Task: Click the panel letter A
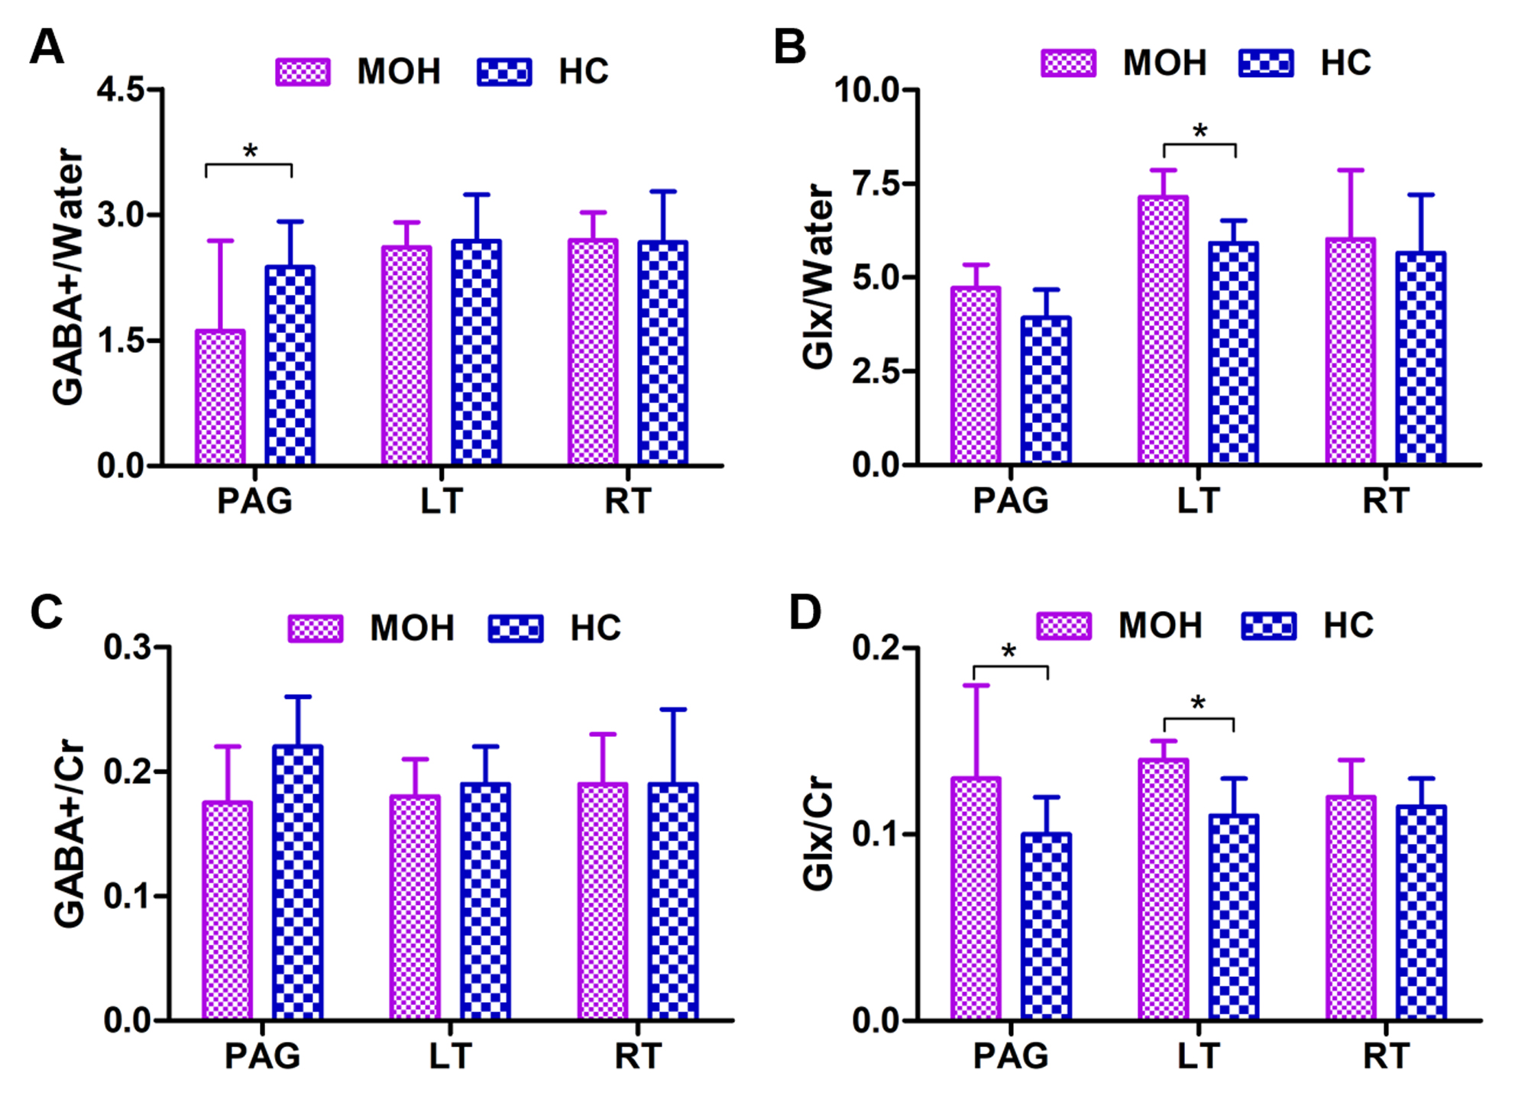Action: click(x=47, y=48)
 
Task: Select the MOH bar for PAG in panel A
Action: click(x=220, y=397)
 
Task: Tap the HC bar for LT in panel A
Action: click(x=476, y=352)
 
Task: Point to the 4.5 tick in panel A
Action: click(x=121, y=90)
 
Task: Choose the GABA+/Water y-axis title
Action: click(x=68, y=276)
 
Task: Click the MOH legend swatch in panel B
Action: click(x=1068, y=63)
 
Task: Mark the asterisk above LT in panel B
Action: click(x=1199, y=131)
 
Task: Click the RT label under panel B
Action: click(x=1385, y=501)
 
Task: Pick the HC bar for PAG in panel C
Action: click(x=297, y=882)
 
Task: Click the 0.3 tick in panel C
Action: click(x=128, y=648)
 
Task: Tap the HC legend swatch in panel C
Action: click(x=516, y=629)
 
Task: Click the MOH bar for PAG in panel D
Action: click(x=976, y=898)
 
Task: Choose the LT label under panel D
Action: click(x=1198, y=1056)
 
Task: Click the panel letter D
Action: click(x=804, y=613)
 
